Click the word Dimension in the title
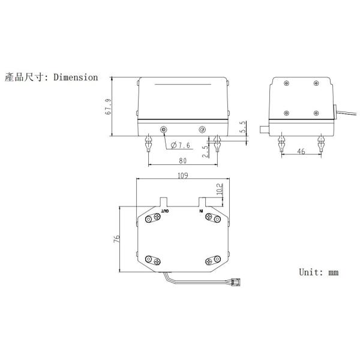tap(75, 77)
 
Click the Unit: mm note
tap(319, 272)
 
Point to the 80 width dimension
tap(182, 161)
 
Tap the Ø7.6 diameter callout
tap(181, 145)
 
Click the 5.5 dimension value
tap(242, 127)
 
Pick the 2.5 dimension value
tap(205, 151)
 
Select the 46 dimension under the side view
tap(301, 152)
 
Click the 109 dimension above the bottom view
tap(183, 175)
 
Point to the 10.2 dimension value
tap(219, 190)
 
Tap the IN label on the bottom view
tap(202, 211)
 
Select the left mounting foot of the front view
tap(148, 145)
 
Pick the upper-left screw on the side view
tap(287, 83)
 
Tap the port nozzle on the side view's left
tap(263, 129)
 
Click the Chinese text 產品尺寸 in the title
tap(25, 77)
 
